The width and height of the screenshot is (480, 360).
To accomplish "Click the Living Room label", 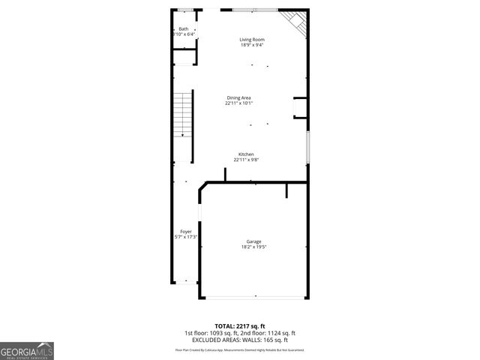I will point(252,40).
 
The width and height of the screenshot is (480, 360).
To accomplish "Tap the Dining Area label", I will point(238,97).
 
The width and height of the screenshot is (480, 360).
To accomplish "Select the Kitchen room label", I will point(246,154).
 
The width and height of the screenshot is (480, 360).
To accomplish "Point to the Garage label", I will point(253,241).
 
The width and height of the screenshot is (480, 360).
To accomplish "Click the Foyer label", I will point(185,232).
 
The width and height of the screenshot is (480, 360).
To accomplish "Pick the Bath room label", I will point(183,29).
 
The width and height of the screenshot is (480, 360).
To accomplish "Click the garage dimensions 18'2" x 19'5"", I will point(253,247).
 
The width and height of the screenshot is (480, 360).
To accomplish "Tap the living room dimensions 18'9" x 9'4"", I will point(252,45).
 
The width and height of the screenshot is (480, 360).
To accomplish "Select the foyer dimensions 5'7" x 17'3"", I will point(185,237).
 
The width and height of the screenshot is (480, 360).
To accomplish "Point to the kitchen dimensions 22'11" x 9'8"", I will point(246,160).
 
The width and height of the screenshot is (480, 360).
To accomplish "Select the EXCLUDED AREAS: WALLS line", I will point(239,340).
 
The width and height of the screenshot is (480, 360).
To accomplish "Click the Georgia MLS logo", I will point(27,351).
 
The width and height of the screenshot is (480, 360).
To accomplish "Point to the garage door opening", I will point(253,298).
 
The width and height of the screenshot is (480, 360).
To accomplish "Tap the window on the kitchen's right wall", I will point(307,148).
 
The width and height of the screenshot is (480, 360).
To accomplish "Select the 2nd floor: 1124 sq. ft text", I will point(268,334).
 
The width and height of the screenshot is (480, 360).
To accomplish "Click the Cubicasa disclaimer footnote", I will point(239,349).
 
